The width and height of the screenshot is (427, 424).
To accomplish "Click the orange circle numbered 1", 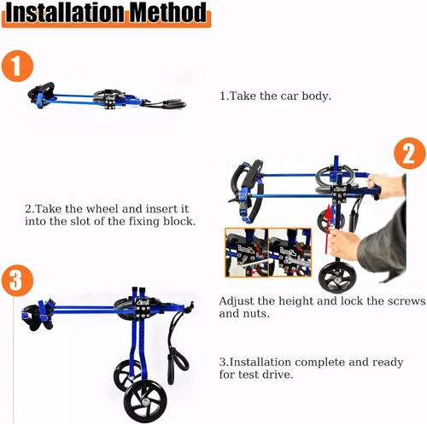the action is [x=17, y=66].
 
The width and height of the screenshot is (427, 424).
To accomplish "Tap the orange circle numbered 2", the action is [x=410, y=154].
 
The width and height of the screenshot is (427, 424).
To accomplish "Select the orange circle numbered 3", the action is [x=17, y=280].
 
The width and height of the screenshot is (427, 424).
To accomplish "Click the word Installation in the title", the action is [x=65, y=13].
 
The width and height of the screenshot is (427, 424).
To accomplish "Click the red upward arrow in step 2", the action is [x=328, y=229].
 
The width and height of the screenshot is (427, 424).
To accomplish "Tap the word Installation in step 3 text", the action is [x=260, y=363].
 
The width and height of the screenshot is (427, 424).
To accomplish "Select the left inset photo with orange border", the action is [x=247, y=253].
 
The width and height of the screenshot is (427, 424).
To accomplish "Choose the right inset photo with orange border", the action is [x=290, y=253].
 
